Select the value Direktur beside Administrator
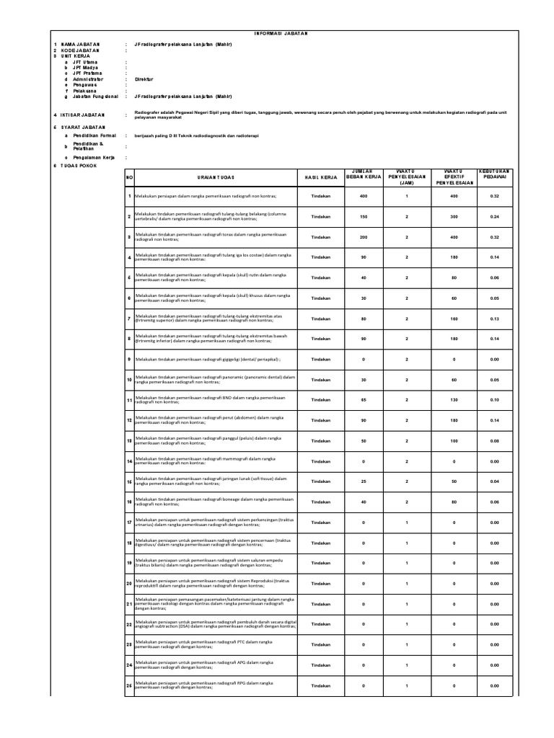(145, 79)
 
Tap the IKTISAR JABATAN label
(83, 115)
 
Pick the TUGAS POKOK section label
(79, 165)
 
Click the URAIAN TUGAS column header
(214, 177)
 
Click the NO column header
(130, 177)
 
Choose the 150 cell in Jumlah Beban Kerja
(364, 216)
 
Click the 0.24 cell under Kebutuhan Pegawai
(494, 216)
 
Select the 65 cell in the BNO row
(364, 399)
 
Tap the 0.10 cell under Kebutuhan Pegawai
(494, 399)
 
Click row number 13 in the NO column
(130, 440)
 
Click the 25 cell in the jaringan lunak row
(364, 481)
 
